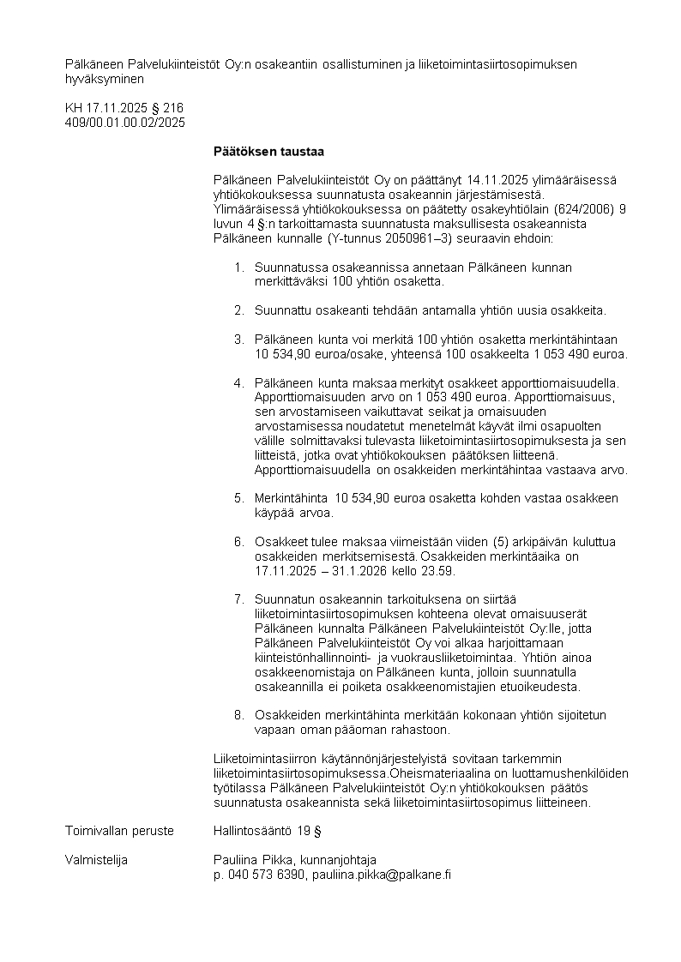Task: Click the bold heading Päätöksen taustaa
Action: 268,152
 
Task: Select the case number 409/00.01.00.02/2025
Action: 125,123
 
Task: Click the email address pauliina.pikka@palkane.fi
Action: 382,874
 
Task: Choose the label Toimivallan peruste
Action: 119,831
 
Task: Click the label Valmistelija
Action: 96,860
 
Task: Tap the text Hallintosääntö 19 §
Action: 267,831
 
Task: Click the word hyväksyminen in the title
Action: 105,78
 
